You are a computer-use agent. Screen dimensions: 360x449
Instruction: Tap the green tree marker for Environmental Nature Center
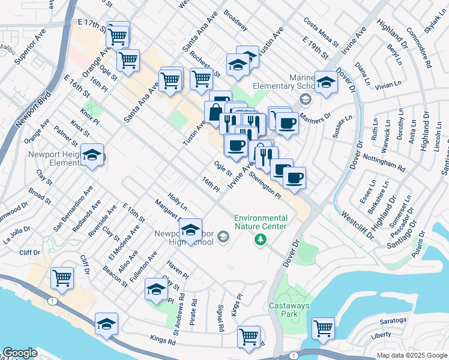[260, 240]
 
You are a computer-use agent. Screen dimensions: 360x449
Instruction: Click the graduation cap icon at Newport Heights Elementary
[92, 155]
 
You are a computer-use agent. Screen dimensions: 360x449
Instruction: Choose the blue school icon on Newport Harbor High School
[190, 230]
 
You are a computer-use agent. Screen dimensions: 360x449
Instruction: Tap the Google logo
[20, 353]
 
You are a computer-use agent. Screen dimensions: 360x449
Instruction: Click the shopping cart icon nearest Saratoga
[323, 328]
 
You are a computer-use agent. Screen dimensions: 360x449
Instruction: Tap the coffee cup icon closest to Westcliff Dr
[294, 178]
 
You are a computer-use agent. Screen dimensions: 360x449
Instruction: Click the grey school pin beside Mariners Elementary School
[305, 98]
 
